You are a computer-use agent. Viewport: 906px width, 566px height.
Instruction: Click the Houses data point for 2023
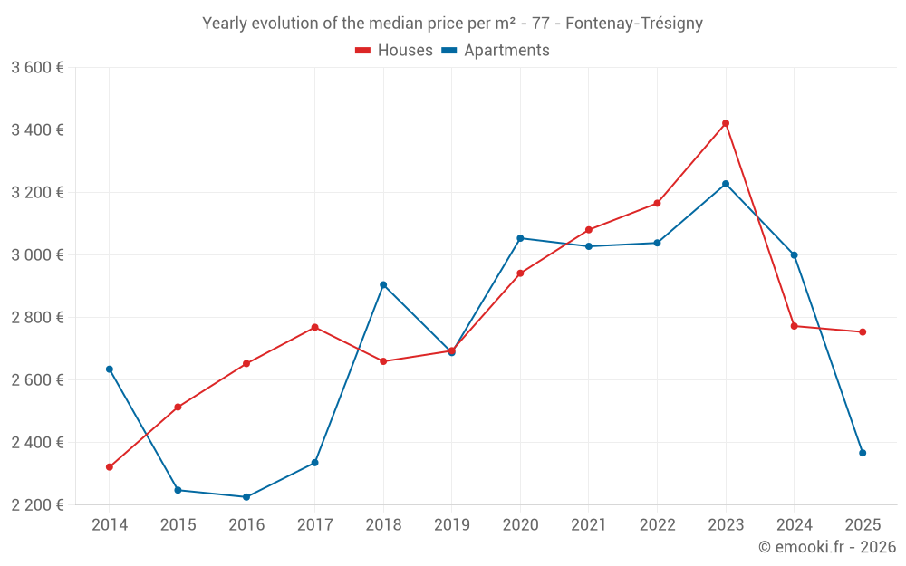(726, 123)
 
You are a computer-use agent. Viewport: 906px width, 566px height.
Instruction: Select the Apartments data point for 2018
(383, 284)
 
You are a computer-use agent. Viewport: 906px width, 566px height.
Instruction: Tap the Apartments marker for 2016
(246, 497)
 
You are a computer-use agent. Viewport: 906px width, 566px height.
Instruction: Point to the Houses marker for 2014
(110, 467)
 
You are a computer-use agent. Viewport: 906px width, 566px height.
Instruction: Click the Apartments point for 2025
(863, 453)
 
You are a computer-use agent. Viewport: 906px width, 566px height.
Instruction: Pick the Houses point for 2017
(314, 327)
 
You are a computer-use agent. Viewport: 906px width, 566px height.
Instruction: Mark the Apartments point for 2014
(110, 369)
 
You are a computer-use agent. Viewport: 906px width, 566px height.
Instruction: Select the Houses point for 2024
(794, 326)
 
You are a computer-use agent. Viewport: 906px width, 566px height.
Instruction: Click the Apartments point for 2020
(520, 238)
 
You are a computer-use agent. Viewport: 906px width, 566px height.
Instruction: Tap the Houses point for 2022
(657, 203)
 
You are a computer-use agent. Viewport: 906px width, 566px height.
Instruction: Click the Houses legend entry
(394, 51)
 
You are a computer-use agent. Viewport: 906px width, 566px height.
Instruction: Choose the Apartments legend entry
(496, 51)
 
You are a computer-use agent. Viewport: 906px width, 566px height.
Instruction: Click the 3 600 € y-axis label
(37, 67)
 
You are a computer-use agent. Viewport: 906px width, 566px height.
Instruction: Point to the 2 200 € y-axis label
(37, 504)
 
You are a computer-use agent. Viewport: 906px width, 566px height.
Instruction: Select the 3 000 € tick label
(37, 254)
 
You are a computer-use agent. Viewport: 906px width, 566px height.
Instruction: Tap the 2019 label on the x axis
(451, 525)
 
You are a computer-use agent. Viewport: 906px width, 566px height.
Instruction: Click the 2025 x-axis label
(863, 525)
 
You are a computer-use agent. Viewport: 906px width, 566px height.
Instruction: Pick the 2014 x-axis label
(110, 525)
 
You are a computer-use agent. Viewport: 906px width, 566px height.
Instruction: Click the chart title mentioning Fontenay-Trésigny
(452, 23)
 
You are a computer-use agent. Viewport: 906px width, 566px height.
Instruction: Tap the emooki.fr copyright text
(826, 547)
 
